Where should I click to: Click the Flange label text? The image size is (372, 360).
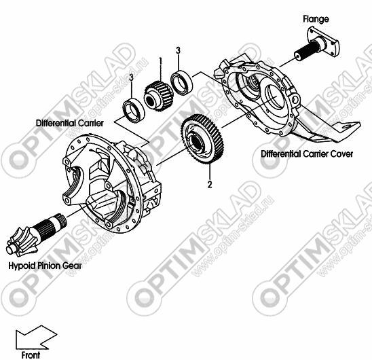click(316, 19)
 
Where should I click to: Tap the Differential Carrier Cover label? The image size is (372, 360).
click(307, 154)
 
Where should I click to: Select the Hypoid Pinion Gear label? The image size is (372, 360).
click(45, 266)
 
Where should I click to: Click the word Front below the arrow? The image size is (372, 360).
click(31, 355)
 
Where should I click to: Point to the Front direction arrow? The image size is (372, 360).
click(35, 338)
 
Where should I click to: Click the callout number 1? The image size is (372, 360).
click(161, 61)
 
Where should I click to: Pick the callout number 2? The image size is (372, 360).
click(210, 184)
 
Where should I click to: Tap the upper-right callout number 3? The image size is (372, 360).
click(178, 50)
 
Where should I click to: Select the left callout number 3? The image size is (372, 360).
click(131, 77)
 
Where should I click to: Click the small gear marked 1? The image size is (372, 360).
click(159, 96)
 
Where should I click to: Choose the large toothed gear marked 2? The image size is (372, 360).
click(202, 139)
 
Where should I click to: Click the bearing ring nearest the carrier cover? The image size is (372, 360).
click(182, 82)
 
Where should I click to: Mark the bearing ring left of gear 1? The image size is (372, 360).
click(134, 110)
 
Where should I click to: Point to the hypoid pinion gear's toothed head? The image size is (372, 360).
click(22, 242)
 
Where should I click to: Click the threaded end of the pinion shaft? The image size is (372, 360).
click(61, 220)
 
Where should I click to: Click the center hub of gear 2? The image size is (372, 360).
click(196, 142)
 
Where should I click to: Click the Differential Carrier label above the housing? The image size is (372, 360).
click(70, 123)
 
